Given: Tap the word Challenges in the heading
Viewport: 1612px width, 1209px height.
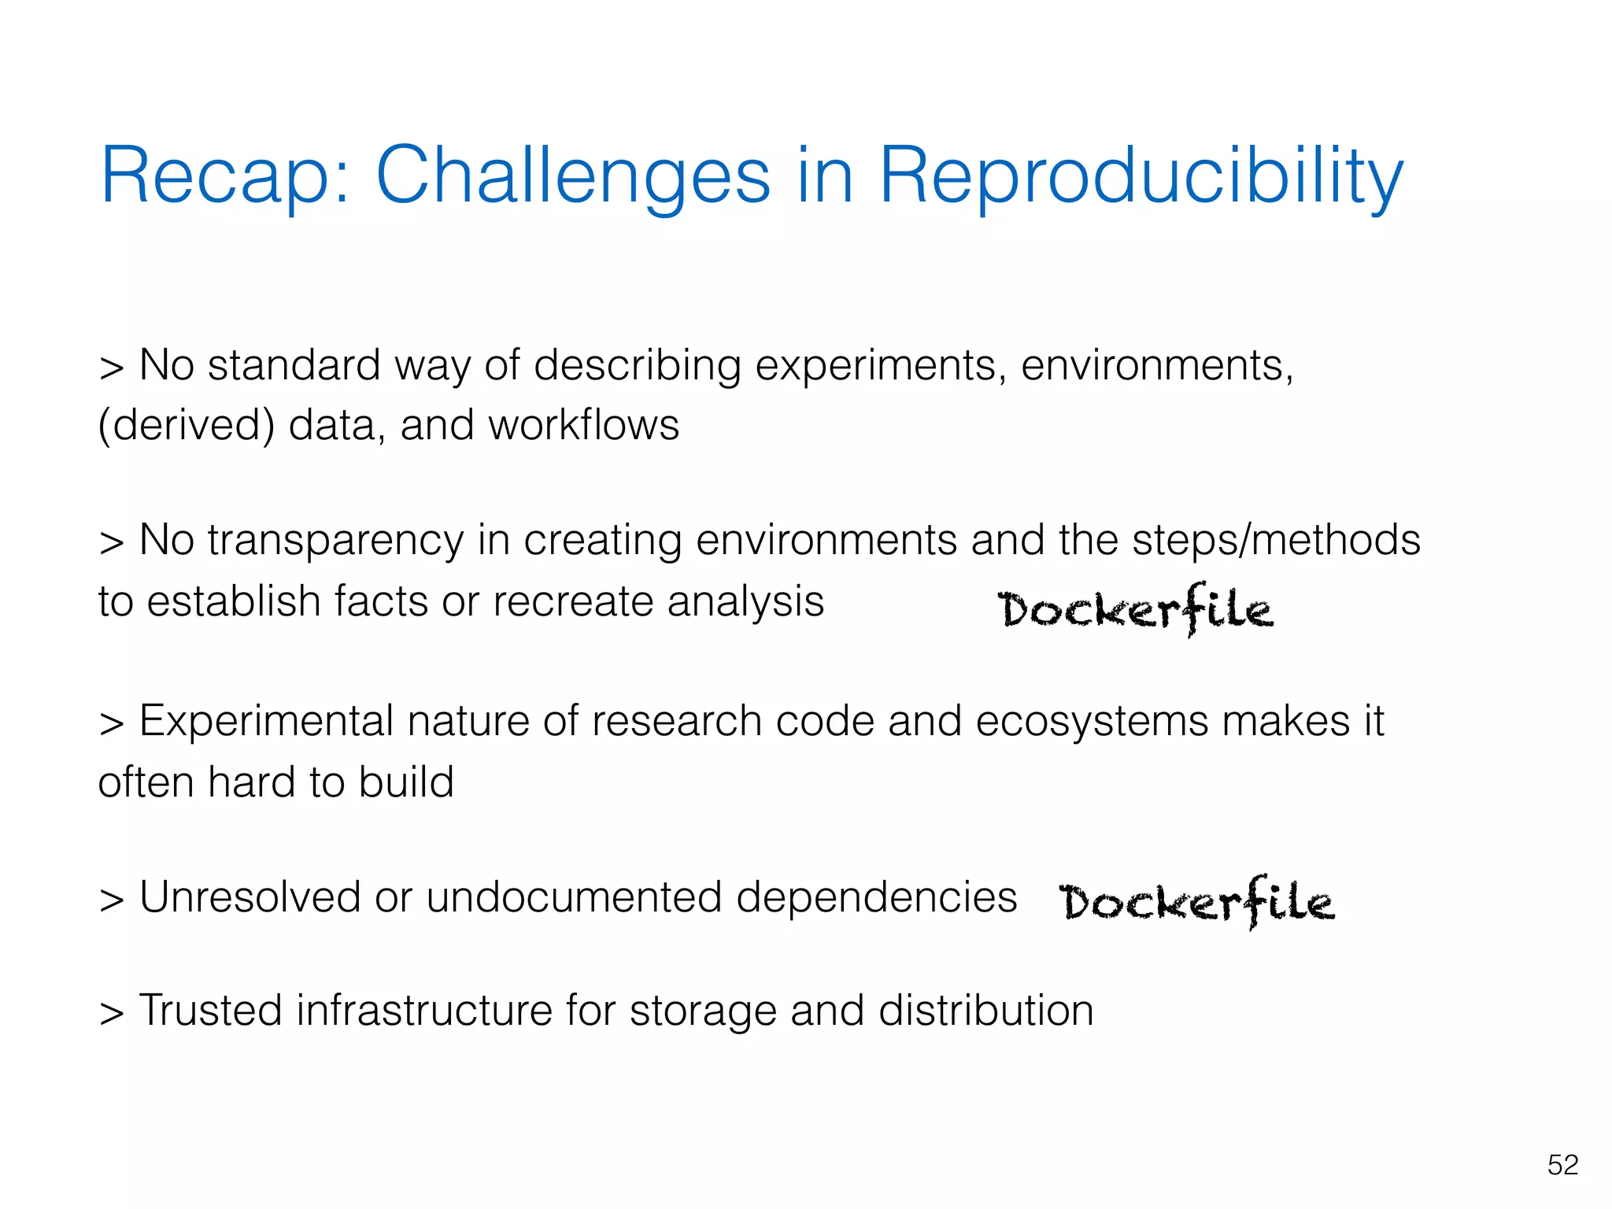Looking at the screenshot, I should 572,176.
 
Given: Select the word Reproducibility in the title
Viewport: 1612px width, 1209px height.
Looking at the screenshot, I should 1141,176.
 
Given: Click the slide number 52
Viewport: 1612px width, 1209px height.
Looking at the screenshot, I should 1562,1164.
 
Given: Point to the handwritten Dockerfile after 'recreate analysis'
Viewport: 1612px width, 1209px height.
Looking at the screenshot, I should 1134,609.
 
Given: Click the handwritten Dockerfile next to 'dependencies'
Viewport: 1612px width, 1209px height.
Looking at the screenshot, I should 1196,902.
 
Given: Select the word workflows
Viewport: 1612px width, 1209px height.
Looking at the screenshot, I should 583,425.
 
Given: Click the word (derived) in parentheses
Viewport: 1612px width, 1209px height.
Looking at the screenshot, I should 187,425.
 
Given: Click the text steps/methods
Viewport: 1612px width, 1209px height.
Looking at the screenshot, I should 1276,540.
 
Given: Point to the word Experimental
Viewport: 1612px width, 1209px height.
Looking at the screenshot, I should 266,721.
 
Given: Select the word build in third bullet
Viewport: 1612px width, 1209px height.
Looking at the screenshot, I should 406,782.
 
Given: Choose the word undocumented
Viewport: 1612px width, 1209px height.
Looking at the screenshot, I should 574,897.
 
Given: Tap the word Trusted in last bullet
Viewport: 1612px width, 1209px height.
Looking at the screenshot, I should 210,1011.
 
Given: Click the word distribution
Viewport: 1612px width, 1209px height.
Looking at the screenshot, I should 985,1011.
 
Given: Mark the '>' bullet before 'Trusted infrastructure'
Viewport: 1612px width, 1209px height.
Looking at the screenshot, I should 112,1014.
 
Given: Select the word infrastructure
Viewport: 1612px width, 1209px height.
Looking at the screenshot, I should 424,1011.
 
